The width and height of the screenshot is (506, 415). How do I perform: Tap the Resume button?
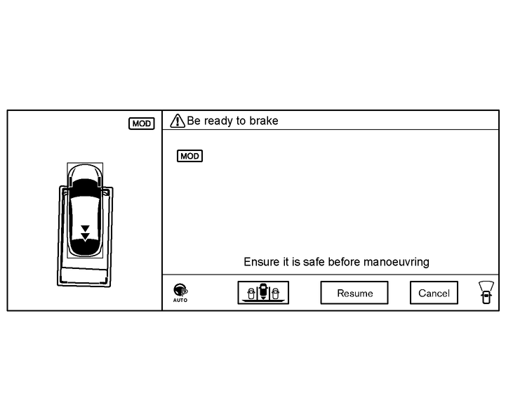point(354,293)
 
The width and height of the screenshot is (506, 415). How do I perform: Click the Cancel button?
point(434,293)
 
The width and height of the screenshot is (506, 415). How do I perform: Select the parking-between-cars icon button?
point(263,292)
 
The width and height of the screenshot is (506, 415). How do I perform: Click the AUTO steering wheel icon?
point(180,291)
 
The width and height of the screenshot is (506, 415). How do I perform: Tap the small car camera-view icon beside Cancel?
point(485,291)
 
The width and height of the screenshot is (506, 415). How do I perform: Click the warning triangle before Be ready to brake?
point(178,121)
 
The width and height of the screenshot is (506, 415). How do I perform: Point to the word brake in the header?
point(264,121)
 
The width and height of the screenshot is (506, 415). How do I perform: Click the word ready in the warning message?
point(218,121)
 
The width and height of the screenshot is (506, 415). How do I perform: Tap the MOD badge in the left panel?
point(141,124)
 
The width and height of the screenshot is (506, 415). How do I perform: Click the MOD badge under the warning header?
point(189,156)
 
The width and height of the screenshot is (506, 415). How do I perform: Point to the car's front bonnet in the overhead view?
point(85,171)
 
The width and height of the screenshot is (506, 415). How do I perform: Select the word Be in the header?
point(194,121)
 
